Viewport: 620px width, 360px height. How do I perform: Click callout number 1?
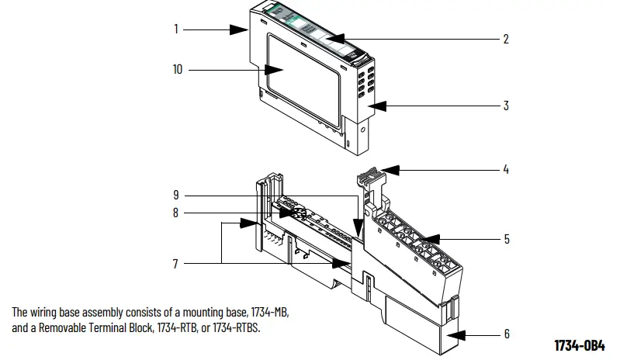[x=176, y=29]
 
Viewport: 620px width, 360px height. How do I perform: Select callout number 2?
[x=506, y=38]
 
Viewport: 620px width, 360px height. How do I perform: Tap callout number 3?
[x=506, y=106]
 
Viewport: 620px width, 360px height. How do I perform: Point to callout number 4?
[x=506, y=169]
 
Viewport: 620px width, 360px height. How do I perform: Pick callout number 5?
[x=506, y=239]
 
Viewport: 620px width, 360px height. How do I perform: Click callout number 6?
[x=506, y=334]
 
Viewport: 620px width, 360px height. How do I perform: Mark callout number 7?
[x=176, y=264]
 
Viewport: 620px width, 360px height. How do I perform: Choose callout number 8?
[x=176, y=213]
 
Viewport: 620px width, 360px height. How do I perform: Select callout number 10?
[x=178, y=70]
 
